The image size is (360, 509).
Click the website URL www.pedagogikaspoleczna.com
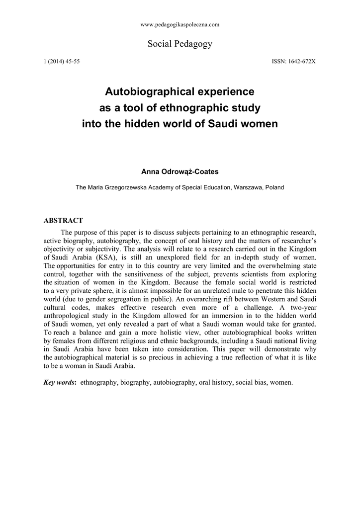(180, 24)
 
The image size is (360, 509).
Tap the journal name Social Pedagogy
(180, 44)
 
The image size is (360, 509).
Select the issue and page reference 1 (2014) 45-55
(62, 61)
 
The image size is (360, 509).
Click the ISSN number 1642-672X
(294, 61)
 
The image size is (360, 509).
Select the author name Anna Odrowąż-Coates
(180, 171)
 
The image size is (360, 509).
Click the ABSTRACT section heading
(63, 220)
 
